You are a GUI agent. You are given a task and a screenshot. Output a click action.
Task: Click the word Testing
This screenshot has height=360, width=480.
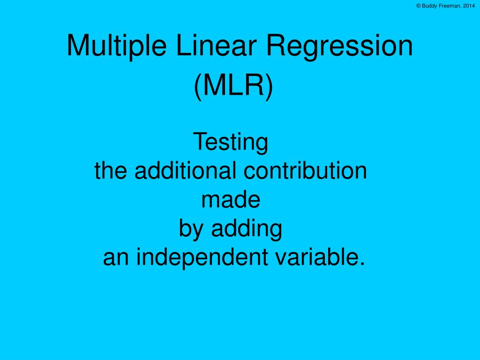coord(231,142)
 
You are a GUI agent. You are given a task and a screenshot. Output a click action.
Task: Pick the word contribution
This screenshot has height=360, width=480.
coord(305,171)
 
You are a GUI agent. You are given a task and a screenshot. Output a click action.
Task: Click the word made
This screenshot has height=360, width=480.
coord(231,200)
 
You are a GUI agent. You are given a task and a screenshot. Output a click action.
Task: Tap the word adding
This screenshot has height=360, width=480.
coord(247,229)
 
